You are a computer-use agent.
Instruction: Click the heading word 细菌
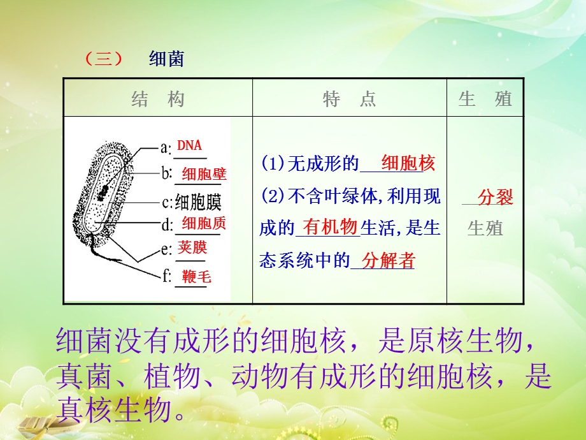tap(166, 59)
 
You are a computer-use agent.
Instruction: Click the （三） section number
tap(103, 59)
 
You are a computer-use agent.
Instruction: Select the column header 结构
tap(158, 99)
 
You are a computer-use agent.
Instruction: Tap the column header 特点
tap(349, 99)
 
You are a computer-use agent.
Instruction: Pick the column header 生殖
tap(485, 99)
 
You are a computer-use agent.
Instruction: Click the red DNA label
tap(189, 146)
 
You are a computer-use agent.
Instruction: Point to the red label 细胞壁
tap(204, 173)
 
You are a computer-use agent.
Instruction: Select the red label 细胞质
tap(204, 223)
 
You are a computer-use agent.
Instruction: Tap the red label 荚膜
tap(192, 247)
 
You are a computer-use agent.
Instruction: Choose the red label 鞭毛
tap(196, 276)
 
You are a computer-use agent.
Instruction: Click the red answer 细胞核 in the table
tap(408, 164)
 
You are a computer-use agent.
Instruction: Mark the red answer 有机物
tap(329, 226)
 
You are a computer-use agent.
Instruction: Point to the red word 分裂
tap(495, 197)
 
